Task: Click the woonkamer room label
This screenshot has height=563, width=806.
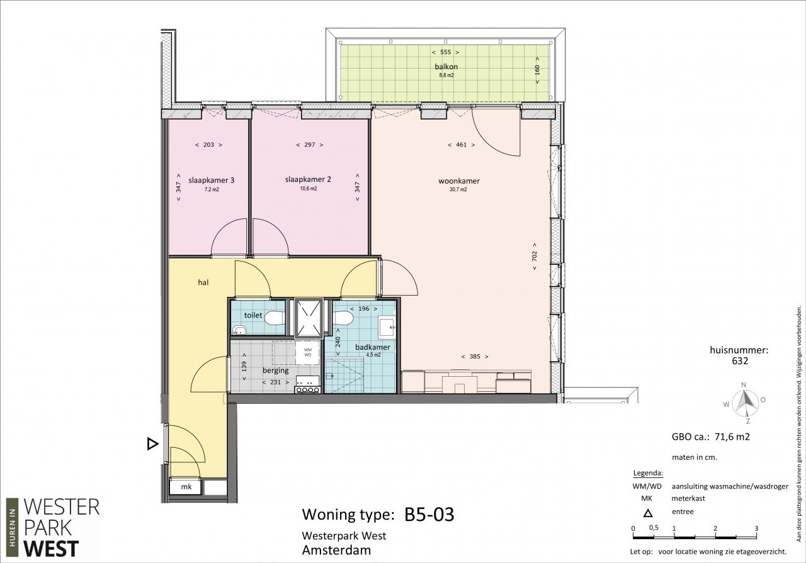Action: click(x=459, y=181)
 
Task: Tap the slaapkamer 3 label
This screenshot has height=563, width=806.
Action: click(x=211, y=180)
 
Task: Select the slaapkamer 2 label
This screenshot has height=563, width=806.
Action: click(x=308, y=179)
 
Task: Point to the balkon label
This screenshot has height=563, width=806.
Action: click(x=446, y=67)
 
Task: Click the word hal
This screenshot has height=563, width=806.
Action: click(x=203, y=282)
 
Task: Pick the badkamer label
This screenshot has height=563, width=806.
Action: click(x=372, y=347)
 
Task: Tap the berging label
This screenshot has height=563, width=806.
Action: click(x=276, y=371)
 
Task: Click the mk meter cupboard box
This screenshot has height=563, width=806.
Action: click(x=185, y=487)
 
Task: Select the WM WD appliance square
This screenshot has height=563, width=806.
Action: click(x=308, y=352)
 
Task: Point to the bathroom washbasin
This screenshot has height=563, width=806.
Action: click(x=387, y=327)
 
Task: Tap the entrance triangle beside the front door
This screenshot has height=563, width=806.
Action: click(x=152, y=444)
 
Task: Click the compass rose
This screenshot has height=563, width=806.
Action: click(x=746, y=403)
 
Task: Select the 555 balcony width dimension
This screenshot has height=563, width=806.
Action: click(x=445, y=52)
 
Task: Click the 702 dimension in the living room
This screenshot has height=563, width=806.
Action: click(x=535, y=256)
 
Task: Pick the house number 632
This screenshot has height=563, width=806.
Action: click(x=740, y=361)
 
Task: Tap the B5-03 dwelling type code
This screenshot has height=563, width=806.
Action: click(x=429, y=515)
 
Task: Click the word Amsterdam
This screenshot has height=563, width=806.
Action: click(x=336, y=550)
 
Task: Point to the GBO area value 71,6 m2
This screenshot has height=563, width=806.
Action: click(x=730, y=437)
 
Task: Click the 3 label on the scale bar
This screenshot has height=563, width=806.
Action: click(x=756, y=528)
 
